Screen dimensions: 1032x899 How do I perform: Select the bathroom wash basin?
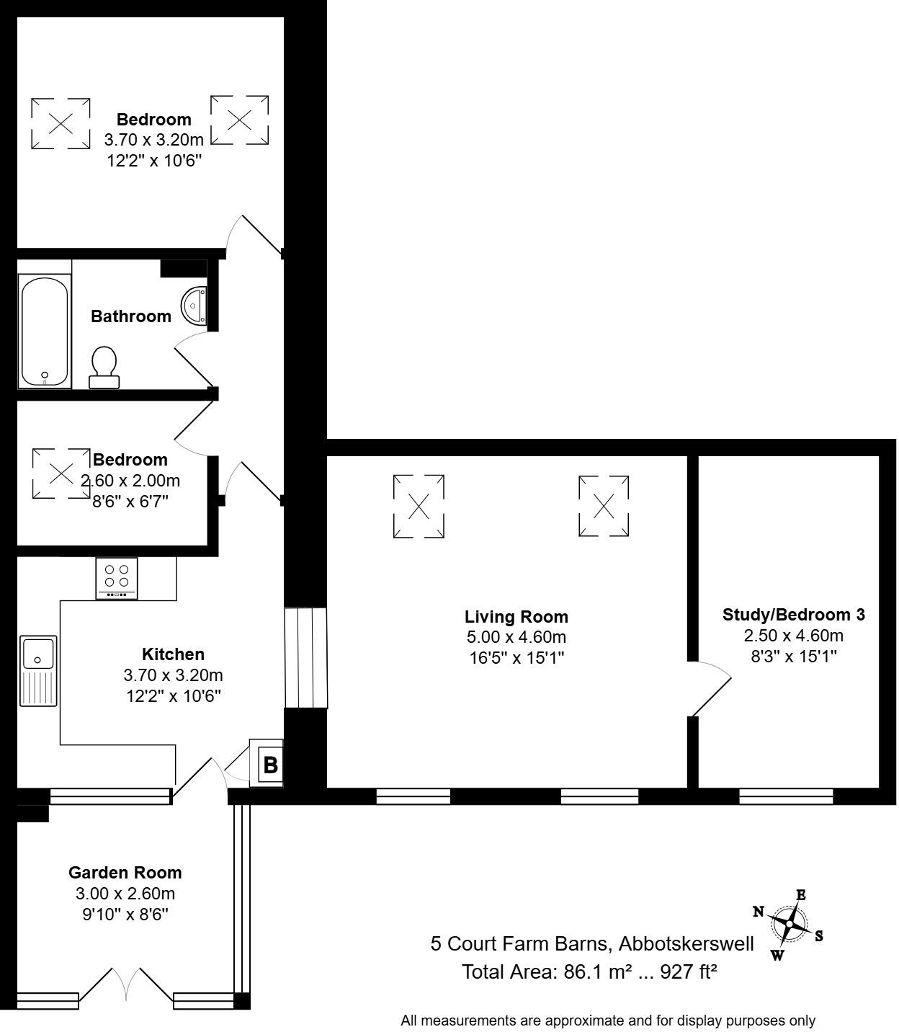click(194, 305)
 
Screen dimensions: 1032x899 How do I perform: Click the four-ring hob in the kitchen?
click(117, 577)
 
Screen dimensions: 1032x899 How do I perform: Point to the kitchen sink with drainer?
click(38, 670)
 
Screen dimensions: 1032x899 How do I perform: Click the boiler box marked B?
click(269, 764)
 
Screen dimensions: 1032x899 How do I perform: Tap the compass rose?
click(790, 924)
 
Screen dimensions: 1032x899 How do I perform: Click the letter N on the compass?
click(758, 912)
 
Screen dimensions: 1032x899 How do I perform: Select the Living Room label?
click(516, 617)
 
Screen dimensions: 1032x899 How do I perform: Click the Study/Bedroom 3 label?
click(793, 615)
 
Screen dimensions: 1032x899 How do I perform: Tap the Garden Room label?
click(125, 873)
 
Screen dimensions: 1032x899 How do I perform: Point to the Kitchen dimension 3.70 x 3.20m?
click(173, 675)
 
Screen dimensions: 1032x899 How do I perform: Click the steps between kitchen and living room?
click(306, 658)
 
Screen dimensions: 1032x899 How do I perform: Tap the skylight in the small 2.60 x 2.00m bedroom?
click(61, 473)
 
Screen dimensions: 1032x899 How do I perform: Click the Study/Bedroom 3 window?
click(786, 796)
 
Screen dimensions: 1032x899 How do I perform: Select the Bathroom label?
click(131, 316)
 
